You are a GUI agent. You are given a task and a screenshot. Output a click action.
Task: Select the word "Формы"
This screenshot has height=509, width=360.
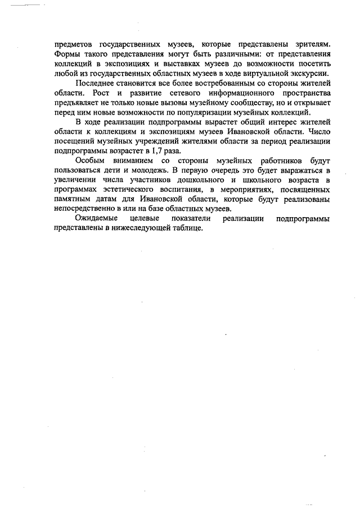67,54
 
